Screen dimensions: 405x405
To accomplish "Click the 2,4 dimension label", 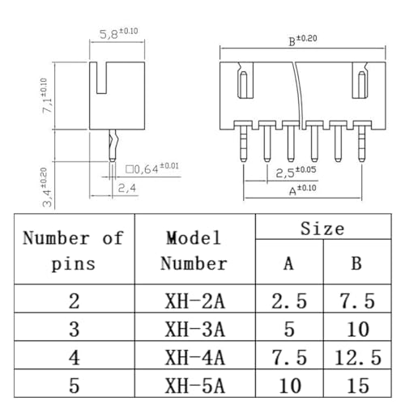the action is pos(127,188).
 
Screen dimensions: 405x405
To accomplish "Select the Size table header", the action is pos(322,228).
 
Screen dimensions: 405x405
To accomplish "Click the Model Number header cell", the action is pos(194,251).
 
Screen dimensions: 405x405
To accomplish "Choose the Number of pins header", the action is pos(73,251).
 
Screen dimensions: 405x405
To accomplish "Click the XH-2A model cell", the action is pos(194,301).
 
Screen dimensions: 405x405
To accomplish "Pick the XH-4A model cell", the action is pos(194,357).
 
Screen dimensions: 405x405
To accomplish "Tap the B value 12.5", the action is pos(358,357).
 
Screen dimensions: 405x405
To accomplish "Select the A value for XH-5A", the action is pos(290,386).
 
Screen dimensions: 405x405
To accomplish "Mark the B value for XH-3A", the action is pos(358,329).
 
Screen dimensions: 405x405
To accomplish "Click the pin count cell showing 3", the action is pos(75,329).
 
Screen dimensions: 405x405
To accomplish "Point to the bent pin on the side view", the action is pos(113,145).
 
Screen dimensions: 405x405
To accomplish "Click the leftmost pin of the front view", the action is pos(243,144).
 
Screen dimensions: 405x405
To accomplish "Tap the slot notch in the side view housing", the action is pos(101,78).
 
